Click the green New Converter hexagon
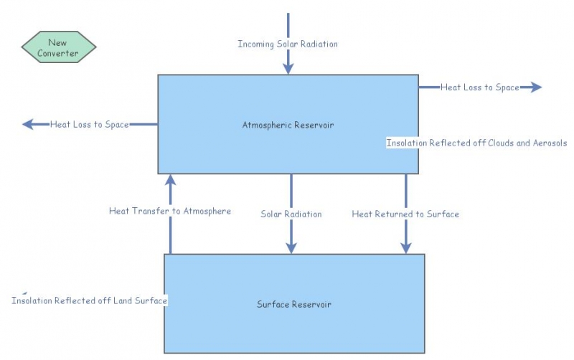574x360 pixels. (59, 48)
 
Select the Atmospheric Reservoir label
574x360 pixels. (288, 125)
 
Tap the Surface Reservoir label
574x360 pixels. (294, 304)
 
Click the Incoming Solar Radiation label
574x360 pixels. (288, 44)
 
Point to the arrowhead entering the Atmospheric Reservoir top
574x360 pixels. (288, 68)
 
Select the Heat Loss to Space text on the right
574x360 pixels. (479, 87)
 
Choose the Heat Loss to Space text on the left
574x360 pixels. (89, 125)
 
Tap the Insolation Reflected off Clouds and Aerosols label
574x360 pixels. (476, 143)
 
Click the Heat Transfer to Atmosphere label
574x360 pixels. (170, 212)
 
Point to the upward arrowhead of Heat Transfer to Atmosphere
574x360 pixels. (170, 179)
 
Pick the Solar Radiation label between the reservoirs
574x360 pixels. (291, 214)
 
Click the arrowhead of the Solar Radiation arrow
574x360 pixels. (291, 247)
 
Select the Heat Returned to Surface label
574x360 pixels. (405, 214)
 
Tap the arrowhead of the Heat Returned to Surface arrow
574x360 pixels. (405, 247)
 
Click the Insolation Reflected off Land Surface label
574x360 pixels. (89, 301)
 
